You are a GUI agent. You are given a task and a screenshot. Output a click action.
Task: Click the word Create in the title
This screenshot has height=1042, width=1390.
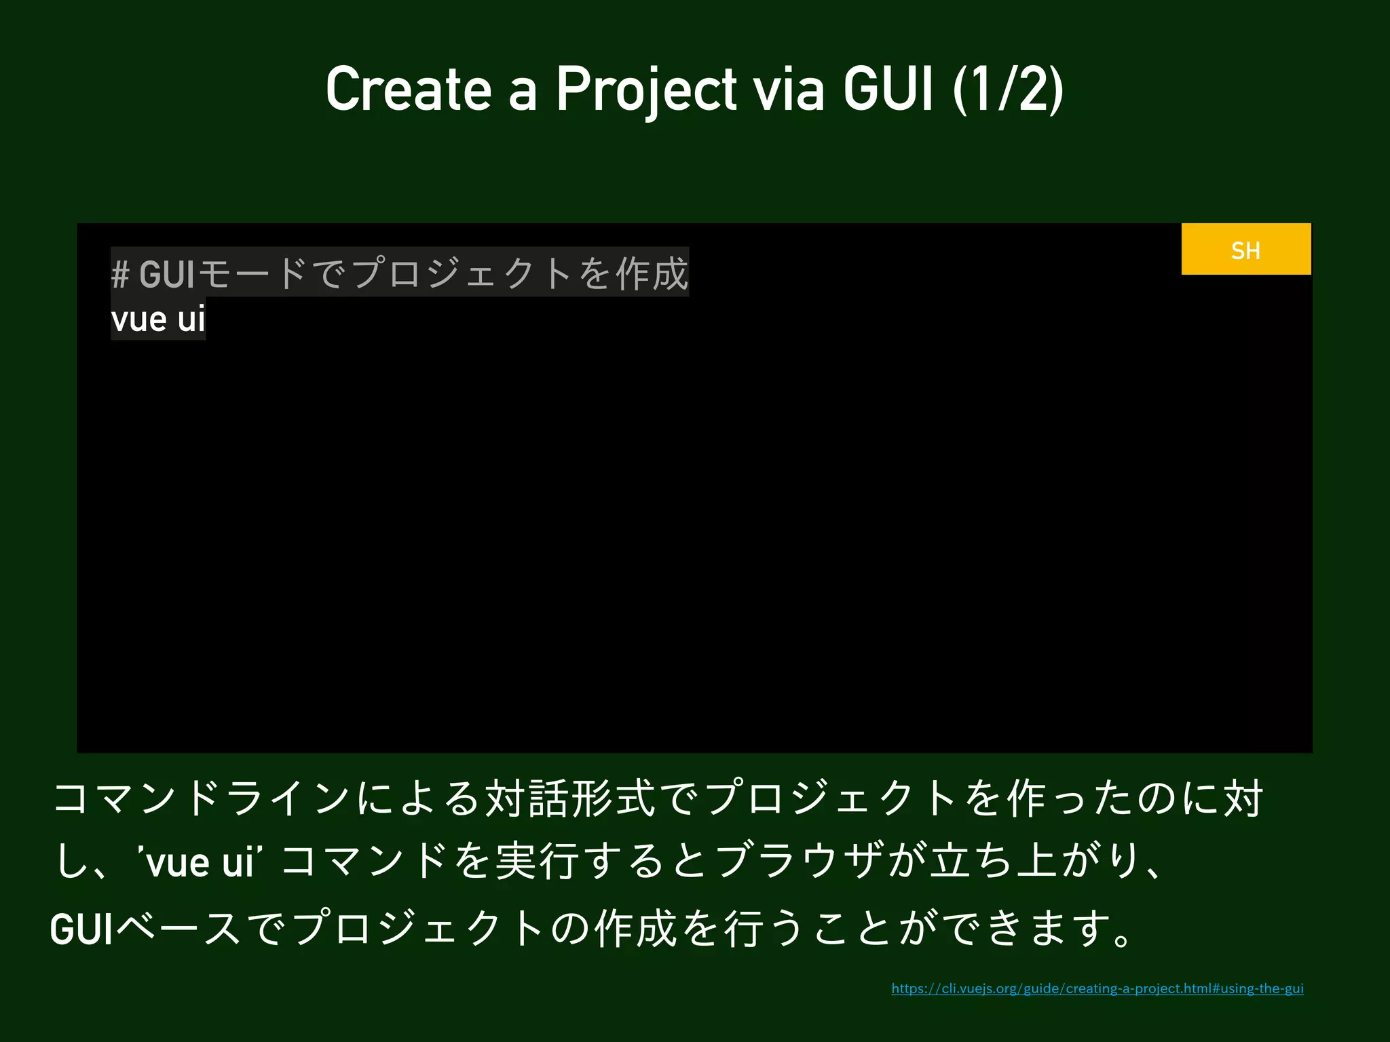coord(408,90)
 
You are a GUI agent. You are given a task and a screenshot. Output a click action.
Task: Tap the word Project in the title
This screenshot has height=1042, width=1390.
coord(646,90)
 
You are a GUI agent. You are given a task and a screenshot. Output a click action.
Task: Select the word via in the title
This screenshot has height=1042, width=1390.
coord(789,90)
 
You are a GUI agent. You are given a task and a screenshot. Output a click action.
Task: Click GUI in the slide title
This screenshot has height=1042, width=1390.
coord(888,90)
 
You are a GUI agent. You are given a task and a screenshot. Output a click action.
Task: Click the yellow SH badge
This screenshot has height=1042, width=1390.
coord(1245,250)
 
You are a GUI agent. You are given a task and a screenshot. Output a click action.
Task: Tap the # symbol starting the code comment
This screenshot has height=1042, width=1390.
coord(120,274)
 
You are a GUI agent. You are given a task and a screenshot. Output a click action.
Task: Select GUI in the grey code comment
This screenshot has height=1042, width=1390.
coord(167,274)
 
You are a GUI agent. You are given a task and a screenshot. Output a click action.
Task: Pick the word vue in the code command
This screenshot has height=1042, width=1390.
coord(138,319)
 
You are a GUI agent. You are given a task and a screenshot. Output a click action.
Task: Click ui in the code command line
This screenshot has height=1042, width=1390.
coord(191,319)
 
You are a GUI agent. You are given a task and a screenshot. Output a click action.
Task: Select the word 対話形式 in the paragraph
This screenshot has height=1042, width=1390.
coord(571,798)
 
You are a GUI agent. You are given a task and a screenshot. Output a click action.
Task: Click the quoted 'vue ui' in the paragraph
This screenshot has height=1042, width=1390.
coord(200,863)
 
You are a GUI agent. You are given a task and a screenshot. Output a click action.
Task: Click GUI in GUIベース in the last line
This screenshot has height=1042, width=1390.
coord(81,928)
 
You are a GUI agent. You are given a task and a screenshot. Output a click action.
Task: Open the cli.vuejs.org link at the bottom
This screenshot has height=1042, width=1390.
coord(1097,988)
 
